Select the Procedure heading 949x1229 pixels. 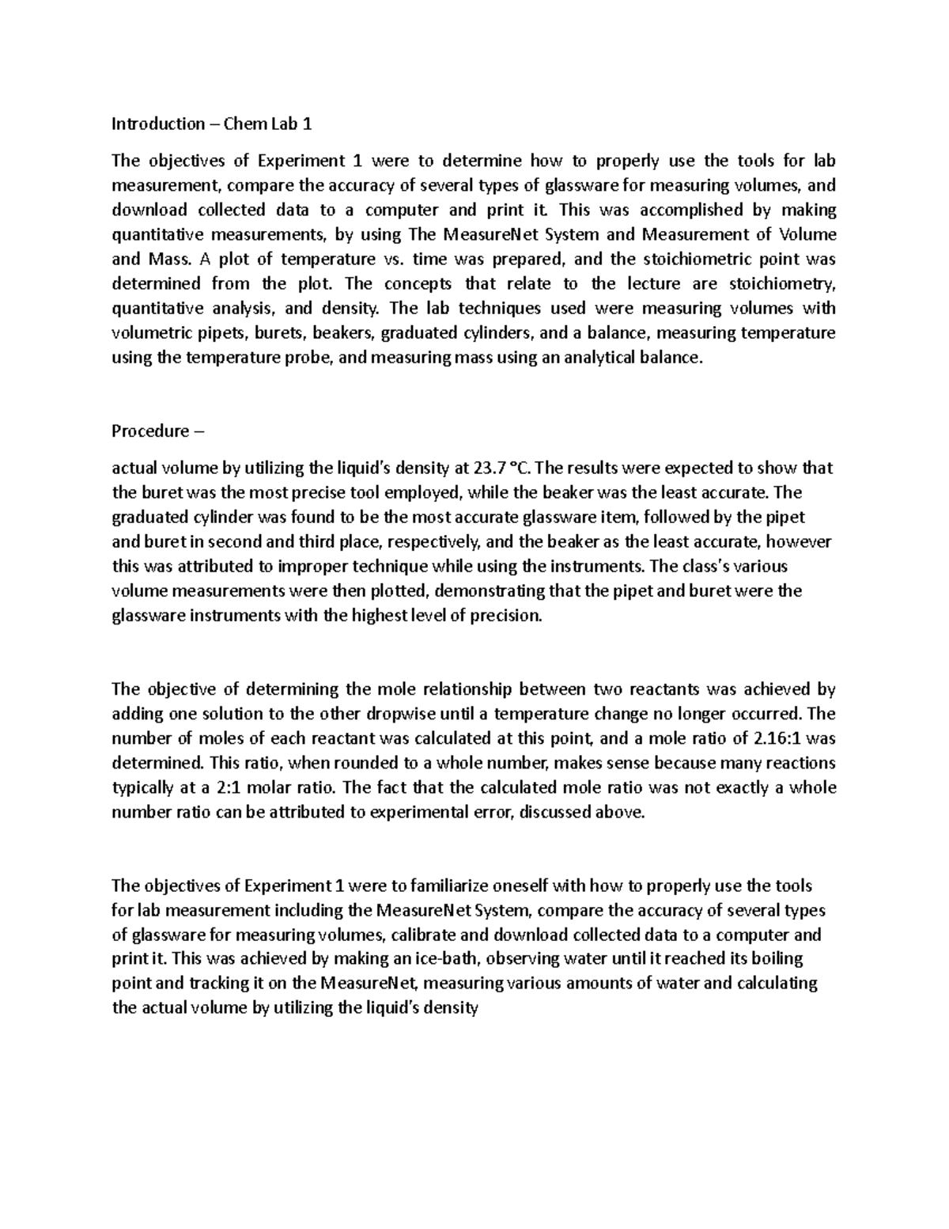tap(150, 431)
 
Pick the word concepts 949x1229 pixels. tap(415, 283)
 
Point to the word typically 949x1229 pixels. tap(146, 788)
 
